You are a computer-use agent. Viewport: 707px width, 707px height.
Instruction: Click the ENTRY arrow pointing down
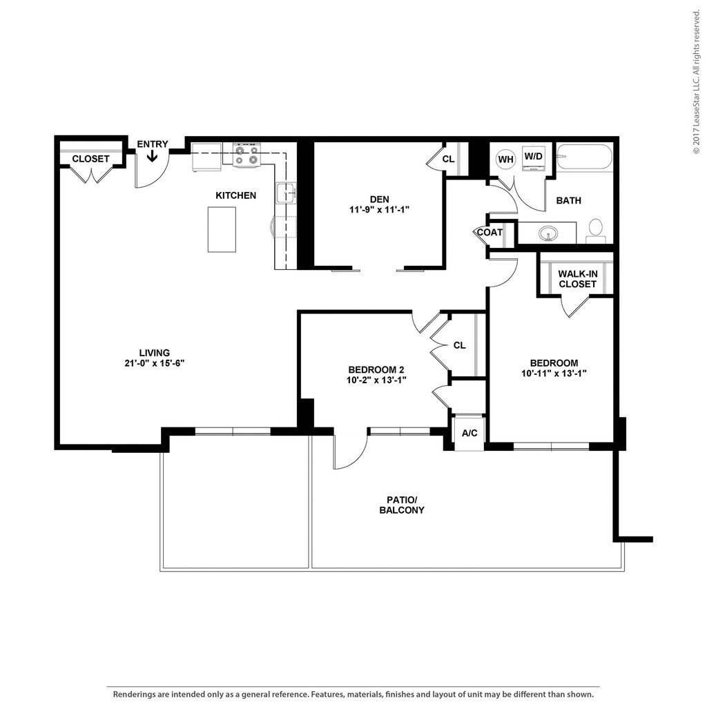coord(153,155)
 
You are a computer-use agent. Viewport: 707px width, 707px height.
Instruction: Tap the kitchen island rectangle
coord(222,229)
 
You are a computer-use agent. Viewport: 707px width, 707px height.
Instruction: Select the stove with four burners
coord(246,155)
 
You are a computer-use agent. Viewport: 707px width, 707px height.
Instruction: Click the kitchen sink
coord(285,193)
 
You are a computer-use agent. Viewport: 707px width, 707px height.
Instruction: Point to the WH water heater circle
coord(505,159)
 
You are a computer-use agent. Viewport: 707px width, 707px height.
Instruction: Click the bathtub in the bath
coord(583,157)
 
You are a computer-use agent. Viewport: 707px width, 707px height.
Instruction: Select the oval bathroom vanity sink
coord(548,233)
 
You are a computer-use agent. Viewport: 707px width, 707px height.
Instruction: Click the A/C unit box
coord(469,434)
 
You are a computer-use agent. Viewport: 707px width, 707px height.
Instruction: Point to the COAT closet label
coord(490,232)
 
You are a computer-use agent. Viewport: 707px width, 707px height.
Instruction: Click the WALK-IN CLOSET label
coord(578,279)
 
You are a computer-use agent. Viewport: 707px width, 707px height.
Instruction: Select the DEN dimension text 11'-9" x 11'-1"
coord(379,209)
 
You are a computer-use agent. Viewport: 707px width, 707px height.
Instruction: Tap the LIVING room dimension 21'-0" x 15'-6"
coord(155,363)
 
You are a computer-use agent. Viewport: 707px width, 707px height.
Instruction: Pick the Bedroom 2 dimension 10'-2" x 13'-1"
coord(376,380)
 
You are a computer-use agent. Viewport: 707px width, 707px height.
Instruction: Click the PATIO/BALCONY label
coord(402,505)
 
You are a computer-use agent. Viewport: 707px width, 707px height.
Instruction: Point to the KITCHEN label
coord(236,195)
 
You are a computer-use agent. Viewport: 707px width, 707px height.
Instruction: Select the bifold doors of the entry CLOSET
coord(92,174)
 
